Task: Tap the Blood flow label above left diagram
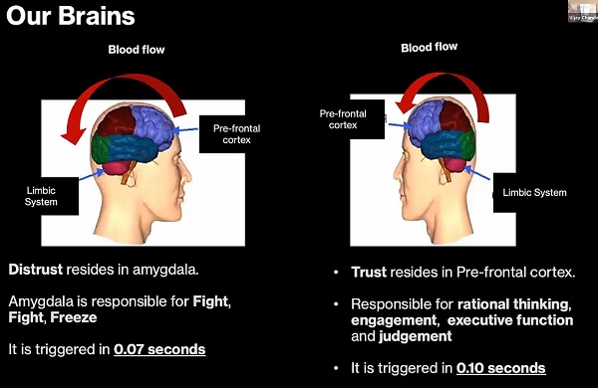tap(137, 50)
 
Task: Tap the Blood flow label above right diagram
tap(430, 47)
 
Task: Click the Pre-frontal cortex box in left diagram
tap(235, 133)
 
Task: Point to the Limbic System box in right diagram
tap(532, 191)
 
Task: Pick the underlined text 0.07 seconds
tap(159, 349)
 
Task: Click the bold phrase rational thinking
tap(514, 303)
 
